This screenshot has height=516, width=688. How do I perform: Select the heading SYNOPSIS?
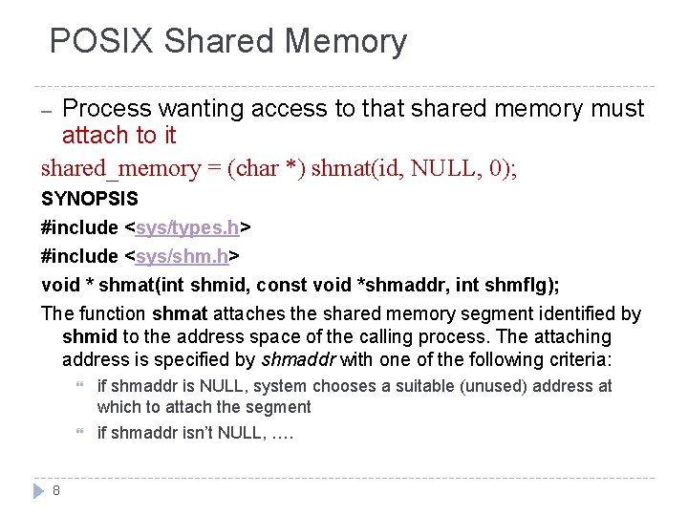(x=89, y=200)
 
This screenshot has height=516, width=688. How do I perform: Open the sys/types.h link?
(x=188, y=227)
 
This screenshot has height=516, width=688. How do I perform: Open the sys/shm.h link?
(x=183, y=256)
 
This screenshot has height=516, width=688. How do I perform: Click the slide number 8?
(x=56, y=490)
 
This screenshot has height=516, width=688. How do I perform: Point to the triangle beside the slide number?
(x=38, y=490)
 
